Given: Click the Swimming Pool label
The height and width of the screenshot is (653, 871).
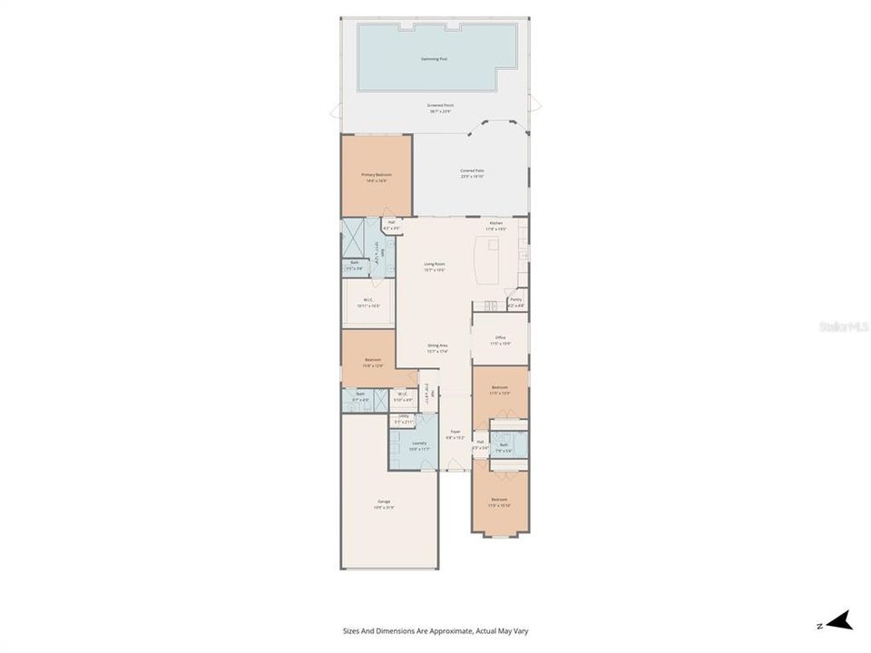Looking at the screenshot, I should (434, 59).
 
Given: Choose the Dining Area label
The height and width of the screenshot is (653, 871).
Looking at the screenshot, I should (438, 347).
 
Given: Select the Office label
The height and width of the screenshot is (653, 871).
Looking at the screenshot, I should (500, 340).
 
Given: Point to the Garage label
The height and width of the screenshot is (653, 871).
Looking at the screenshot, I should (385, 503).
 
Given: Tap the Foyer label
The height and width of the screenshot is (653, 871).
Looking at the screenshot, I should (455, 434).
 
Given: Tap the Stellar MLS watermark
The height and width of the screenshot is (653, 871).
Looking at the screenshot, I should (844, 325).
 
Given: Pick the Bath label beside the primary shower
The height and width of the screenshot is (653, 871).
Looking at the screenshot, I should (354, 265).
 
